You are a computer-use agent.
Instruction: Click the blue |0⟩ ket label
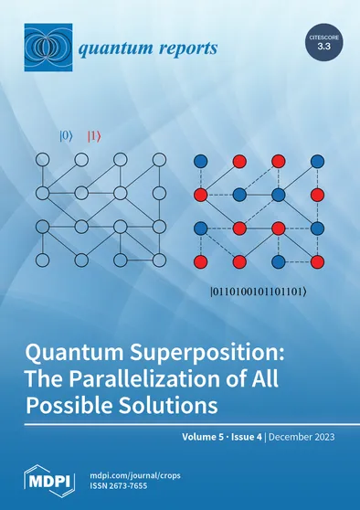(x=65, y=137)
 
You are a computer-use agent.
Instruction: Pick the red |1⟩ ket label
(x=93, y=137)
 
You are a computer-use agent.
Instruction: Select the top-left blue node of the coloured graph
(x=201, y=161)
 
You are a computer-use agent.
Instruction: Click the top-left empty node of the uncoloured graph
(x=41, y=161)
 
